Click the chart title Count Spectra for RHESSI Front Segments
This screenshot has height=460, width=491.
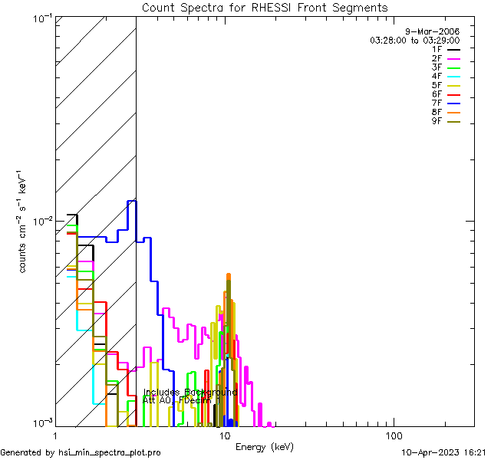click(265, 8)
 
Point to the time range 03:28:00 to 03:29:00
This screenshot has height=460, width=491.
click(414, 40)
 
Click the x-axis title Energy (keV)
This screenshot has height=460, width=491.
click(265, 447)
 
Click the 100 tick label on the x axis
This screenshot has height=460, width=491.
click(394, 435)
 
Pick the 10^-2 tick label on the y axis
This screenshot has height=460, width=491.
click(39, 221)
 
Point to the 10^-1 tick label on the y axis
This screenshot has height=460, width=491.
click(39, 18)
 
